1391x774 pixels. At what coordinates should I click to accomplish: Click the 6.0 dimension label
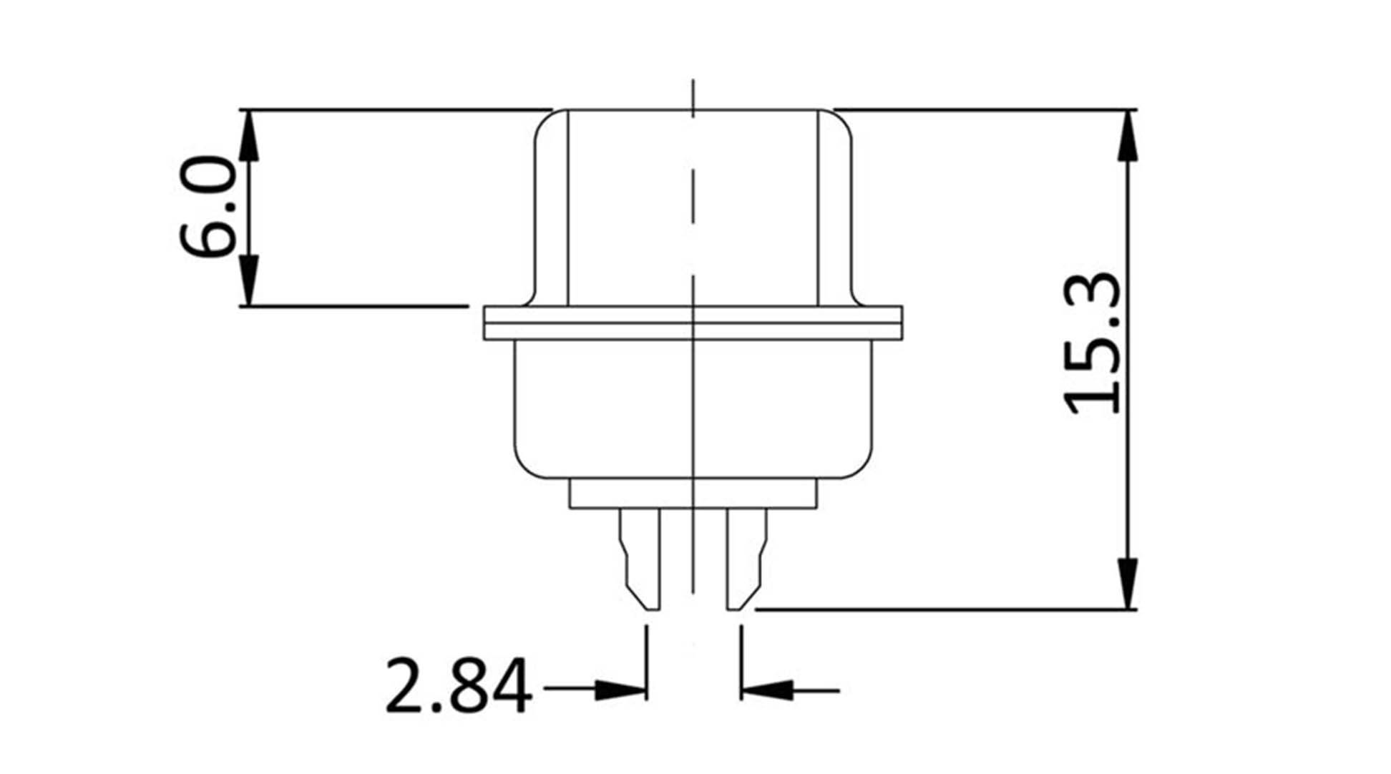coord(208,207)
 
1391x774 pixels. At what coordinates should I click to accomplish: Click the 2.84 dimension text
coord(459,687)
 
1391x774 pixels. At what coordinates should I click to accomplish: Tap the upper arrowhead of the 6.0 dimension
coord(248,136)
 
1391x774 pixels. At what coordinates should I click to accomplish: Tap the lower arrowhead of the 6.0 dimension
coord(248,280)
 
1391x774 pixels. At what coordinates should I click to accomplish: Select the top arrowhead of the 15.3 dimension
coord(1127,136)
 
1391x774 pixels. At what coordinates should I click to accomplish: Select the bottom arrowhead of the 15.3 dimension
coord(1127,583)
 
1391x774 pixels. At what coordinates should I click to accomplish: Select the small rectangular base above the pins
coord(693,494)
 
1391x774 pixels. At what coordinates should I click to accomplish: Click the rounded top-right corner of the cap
coord(842,122)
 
